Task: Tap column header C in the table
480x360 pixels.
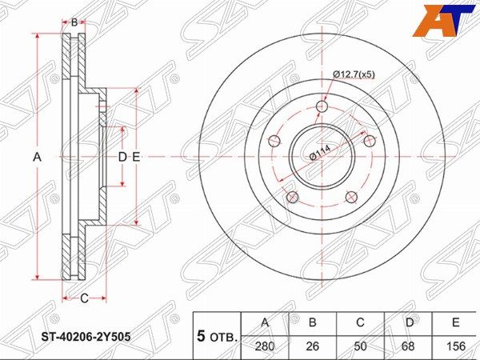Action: tap(360, 322)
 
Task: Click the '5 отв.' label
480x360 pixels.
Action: tap(217, 335)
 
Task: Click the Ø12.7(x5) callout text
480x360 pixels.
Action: tap(354, 74)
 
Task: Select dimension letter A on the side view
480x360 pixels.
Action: tap(36, 158)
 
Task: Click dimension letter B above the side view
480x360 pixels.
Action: tap(74, 22)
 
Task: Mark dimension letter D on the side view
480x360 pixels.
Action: tap(122, 158)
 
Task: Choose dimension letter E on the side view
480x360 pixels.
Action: tap(136, 158)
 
